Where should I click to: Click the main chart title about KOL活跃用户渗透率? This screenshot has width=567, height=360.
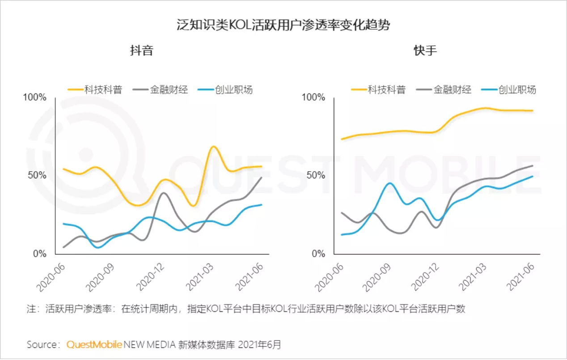click(283, 25)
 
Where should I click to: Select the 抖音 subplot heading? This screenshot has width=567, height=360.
click(142, 51)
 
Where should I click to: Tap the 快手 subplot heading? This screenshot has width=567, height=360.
click(425, 51)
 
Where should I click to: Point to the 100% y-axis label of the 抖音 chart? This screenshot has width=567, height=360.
click(34, 97)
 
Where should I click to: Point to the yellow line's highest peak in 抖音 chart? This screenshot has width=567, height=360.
click(213, 147)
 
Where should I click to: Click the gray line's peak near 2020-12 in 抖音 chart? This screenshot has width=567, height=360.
click(163, 193)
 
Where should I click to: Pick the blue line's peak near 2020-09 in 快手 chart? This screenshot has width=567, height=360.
click(390, 183)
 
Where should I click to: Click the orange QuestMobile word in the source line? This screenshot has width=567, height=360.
click(94, 344)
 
